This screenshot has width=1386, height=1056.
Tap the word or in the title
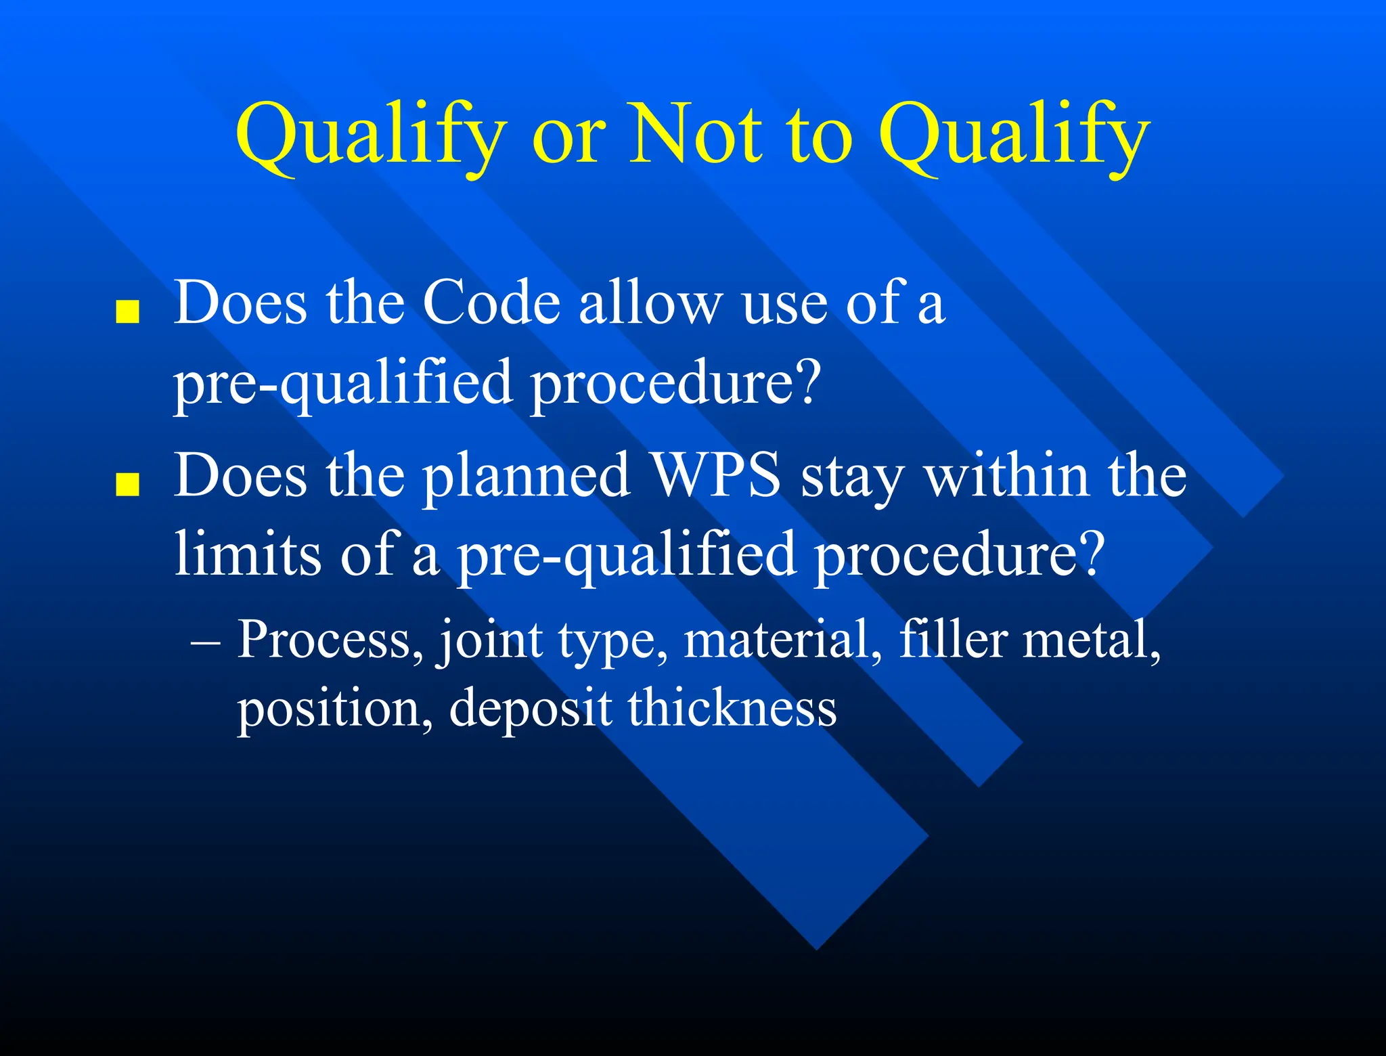567,139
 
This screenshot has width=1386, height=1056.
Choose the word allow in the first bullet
650,303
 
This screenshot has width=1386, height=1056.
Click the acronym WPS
715,475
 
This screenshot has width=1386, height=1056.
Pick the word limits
248,553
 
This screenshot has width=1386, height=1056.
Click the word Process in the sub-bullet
324,639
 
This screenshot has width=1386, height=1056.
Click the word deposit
530,709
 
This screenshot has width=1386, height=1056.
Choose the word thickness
732,708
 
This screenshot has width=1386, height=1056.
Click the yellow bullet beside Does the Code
128,313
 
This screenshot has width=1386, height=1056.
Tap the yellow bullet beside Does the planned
128,485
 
